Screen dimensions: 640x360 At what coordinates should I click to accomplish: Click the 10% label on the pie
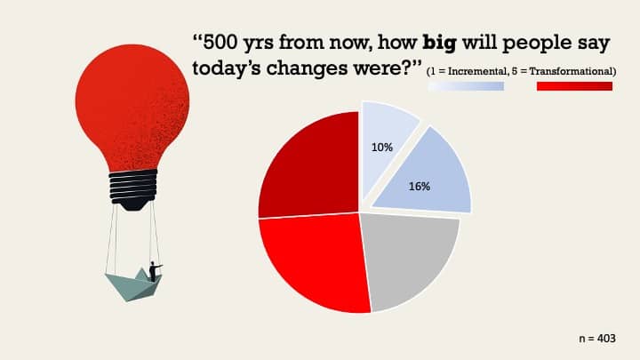coord(381,148)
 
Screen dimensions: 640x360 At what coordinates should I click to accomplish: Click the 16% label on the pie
coord(420,187)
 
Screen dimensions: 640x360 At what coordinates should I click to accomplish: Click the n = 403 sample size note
coord(597,339)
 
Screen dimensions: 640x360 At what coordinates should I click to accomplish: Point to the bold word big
coord(439,44)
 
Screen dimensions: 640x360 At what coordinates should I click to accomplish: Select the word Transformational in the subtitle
coord(572,71)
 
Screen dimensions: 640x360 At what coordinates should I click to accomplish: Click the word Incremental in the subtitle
coord(477,71)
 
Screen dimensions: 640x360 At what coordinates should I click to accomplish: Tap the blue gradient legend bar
coord(466,86)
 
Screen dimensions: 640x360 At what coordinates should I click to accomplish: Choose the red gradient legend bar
coord(574,86)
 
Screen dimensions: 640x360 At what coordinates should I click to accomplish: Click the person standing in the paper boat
coord(154,271)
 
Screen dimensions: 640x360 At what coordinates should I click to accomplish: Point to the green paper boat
coord(134,285)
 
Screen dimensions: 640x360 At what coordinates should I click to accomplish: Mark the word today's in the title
coord(227,68)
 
